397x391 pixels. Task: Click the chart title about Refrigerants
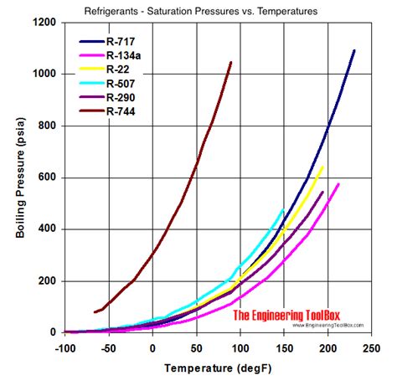coord(200,11)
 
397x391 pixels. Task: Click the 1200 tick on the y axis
coord(44,23)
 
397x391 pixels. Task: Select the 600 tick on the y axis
coord(48,177)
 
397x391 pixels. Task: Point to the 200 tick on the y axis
coord(48,280)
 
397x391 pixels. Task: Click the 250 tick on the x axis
coord(371,346)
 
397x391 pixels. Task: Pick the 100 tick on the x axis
coord(240,346)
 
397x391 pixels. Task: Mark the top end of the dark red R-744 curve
coord(231,62)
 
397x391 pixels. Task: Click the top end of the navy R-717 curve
coord(353,50)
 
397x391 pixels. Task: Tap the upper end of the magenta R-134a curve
coord(338,184)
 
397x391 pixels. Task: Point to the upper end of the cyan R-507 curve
coord(283,209)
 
